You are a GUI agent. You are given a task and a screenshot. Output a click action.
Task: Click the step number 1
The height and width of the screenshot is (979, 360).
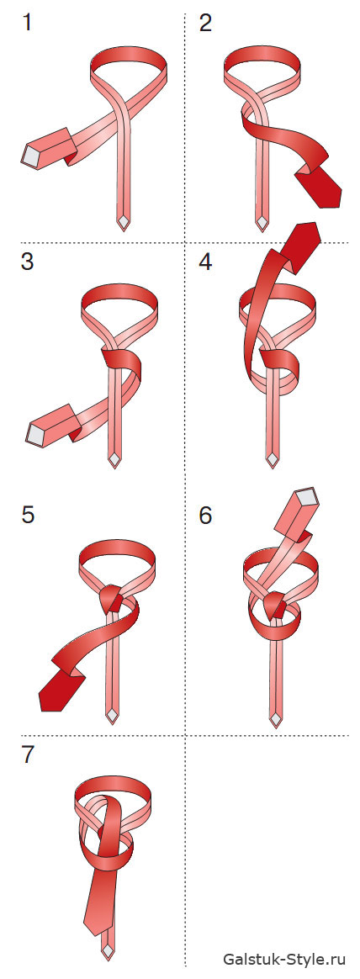click(27, 24)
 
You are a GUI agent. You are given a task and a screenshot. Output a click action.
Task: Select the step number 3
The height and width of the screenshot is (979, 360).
click(27, 262)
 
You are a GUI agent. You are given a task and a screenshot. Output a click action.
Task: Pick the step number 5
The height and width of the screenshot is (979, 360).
click(28, 516)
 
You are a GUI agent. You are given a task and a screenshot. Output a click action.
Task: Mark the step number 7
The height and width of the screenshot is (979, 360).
click(28, 754)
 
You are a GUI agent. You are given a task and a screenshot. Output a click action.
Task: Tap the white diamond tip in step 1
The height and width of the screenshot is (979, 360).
click(124, 223)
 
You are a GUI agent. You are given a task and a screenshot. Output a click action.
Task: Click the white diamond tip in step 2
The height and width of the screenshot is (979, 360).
click(262, 223)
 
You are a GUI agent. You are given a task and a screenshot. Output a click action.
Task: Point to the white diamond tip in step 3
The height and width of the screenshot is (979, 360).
click(114, 461)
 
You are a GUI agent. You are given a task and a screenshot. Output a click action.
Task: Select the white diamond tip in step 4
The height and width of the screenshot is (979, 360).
click(272, 459)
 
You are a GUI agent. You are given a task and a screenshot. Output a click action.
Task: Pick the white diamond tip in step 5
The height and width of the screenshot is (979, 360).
click(112, 715)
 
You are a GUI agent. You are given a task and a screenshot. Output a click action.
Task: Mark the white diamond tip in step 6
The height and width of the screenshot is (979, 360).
click(275, 718)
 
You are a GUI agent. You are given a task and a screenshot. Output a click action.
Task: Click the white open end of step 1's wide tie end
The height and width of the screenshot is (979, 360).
click(31, 156)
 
